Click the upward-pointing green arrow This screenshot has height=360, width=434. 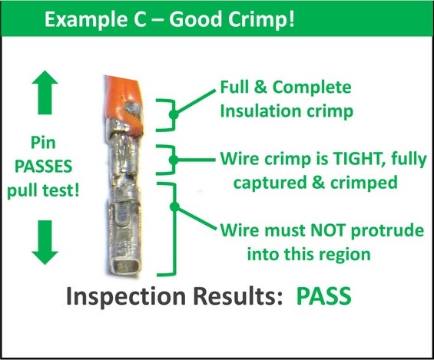(45, 92)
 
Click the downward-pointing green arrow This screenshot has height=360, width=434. (45, 243)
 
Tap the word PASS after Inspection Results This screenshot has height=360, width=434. (324, 296)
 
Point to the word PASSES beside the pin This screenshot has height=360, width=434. (44, 167)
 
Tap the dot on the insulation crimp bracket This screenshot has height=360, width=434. (174, 114)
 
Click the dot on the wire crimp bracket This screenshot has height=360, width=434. (174, 160)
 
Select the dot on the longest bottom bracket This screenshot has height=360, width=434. (174, 206)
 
